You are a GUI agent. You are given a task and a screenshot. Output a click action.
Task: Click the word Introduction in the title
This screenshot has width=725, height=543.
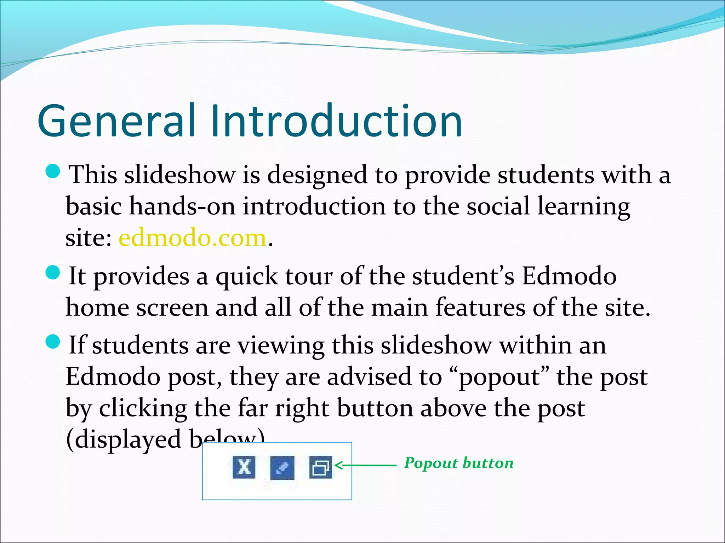(336, 121)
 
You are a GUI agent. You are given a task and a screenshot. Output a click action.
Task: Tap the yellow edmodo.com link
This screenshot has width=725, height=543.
(192, 238)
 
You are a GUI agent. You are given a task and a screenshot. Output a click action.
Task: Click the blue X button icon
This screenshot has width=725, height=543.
(244, 467)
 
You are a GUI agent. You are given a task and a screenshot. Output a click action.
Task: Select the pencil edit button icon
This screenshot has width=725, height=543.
(282, 467)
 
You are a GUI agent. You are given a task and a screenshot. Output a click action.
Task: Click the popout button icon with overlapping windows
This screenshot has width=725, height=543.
(320, 467)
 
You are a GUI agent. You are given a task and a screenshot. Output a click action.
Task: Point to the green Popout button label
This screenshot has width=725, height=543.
(459, 463)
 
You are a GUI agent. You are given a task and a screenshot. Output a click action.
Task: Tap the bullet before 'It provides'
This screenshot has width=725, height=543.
(53, 273)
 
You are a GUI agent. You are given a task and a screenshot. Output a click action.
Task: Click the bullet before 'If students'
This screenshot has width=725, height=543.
(53, 342)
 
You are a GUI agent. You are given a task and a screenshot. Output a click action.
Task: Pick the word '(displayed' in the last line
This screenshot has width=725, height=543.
(124, 439)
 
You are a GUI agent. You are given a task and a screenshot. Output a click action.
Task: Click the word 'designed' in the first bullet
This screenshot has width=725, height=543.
(317, 175)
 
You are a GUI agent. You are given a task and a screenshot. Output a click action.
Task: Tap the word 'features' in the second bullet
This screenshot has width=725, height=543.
(480, 307)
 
